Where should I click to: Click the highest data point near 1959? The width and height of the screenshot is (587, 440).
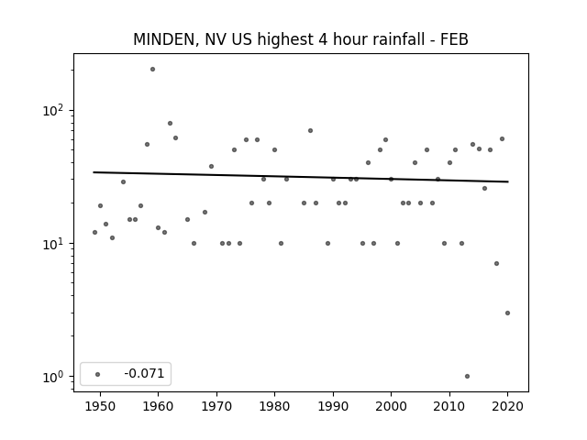tap(152, 70)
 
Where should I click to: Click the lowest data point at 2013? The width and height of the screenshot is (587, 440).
tap(467, 377)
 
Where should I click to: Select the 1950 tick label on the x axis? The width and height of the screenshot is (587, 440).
tap(100, 407)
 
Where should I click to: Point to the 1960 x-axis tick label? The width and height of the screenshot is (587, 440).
tap(158, 407)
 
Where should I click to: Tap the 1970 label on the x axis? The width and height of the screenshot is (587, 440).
tap(216, 407)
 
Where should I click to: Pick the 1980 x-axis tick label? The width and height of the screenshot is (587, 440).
tap(274, 407)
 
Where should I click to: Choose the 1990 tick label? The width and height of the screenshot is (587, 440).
tap(333, 407)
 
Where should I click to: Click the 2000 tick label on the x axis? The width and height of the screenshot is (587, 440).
tap(391, 407)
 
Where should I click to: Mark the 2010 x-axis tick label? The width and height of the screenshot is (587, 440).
tap(449, 407)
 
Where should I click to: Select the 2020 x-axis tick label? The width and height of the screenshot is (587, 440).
tap(507, 407)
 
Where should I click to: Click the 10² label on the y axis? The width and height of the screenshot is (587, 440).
tap(54, 111)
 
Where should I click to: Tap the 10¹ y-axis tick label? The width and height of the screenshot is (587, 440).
tap(54, 244)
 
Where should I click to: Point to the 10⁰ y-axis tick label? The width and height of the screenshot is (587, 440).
tap(54, 377)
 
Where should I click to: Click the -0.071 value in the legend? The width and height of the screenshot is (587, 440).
tap(144, 373)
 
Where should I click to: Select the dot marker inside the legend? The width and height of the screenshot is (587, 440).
tap(98, 374)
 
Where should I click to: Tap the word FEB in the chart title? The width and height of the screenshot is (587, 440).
tap(454, 39)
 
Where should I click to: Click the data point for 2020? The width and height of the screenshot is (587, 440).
tap(507, 313)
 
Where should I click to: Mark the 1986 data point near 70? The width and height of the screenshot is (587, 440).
tap(310, 130)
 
